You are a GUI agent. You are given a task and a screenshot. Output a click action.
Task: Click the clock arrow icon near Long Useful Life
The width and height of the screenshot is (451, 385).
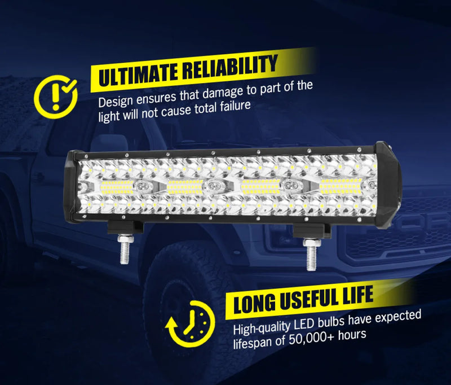pos(190,323)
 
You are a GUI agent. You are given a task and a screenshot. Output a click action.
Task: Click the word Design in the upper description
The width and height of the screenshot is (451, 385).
pos(116,103)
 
